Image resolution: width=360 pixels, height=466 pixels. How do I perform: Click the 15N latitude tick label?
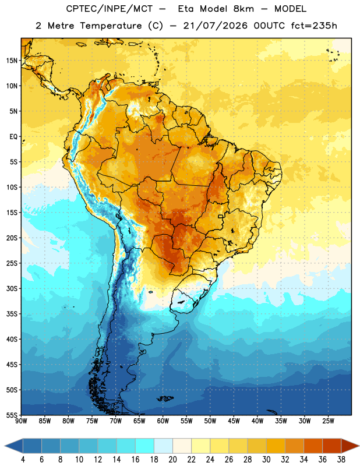12,61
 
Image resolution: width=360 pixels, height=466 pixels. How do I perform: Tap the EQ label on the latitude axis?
13,137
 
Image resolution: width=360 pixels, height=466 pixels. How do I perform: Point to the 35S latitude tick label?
12,314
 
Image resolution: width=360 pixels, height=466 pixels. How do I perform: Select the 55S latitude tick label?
12,415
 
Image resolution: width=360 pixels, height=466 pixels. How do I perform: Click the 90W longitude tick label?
21,421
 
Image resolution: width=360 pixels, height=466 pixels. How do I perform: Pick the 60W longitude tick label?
163,421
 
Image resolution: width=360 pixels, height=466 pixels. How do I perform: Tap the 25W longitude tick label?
328,421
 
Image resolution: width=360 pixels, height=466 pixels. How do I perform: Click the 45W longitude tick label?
234,421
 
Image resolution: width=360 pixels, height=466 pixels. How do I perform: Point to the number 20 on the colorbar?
172,460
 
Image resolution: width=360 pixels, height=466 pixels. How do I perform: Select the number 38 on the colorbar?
341,460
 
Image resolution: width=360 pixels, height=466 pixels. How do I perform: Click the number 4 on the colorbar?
23,460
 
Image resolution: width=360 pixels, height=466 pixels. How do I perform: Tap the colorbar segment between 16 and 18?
144,446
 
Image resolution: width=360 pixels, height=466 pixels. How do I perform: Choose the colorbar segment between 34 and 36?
313,446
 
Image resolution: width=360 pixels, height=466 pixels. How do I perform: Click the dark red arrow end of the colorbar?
350,446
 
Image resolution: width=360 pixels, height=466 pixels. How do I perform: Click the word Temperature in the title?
111,26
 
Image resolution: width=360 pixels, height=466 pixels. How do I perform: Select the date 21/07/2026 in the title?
215,26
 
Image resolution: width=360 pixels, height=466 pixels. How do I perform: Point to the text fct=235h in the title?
314,26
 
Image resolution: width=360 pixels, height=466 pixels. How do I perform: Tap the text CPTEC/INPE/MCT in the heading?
109,9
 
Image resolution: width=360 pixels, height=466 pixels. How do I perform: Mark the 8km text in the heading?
243,9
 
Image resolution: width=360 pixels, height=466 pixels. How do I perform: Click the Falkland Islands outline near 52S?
165,398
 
